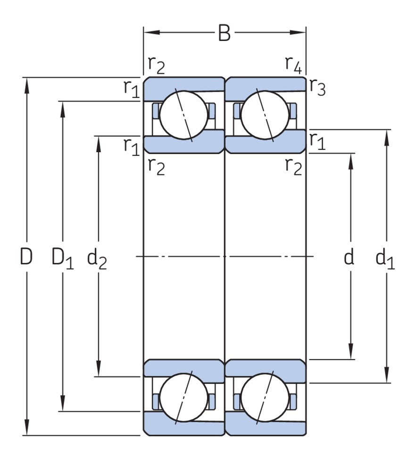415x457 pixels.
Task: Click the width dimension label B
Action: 225,34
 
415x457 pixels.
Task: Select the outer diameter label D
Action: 26,257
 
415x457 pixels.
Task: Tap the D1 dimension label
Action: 62,259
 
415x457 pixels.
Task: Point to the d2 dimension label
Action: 97,259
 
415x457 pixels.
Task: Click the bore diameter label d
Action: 349,257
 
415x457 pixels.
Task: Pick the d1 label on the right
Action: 385,259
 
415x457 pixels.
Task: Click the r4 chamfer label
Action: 293,64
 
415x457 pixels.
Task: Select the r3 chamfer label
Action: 317,87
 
